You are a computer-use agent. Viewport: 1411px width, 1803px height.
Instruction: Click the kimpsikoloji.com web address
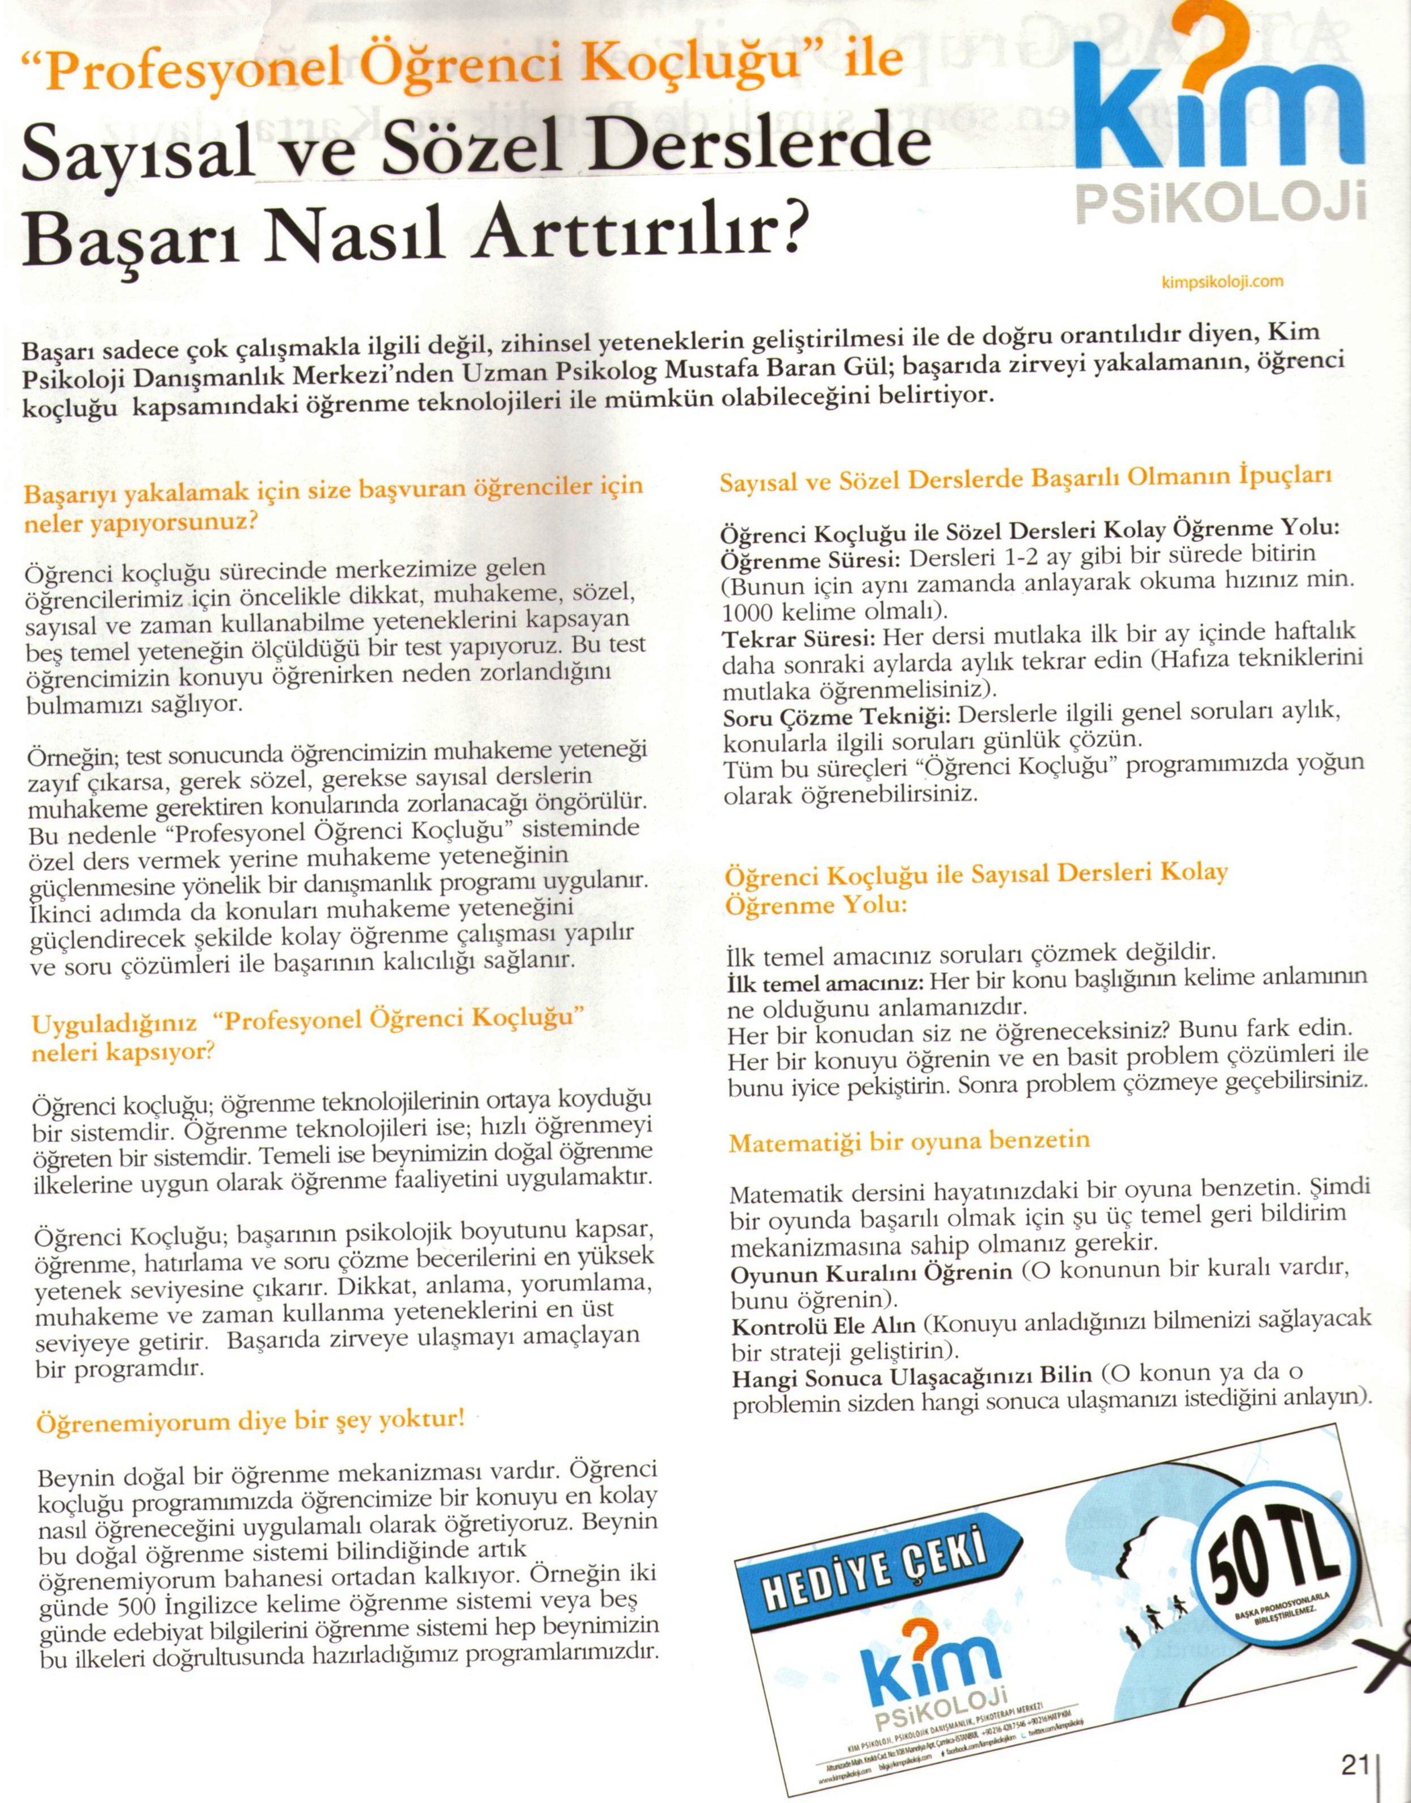tap(1222, 282)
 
